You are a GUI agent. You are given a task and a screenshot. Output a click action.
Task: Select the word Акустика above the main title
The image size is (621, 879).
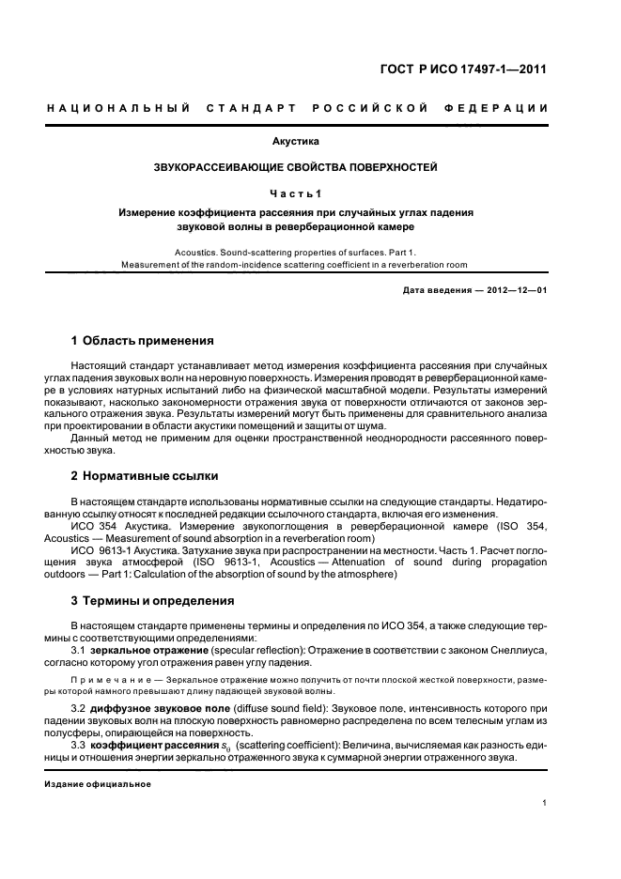point(296,142)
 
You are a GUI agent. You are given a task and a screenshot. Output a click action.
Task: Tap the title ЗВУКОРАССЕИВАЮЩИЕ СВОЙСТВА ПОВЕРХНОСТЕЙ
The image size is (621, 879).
point(296,167)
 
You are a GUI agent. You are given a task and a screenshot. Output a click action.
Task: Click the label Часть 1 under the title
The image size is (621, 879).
point(296,193)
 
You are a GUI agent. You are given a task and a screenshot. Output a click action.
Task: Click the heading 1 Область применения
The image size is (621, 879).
point(143,340)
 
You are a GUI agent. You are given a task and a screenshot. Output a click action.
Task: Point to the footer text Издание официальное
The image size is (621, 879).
point(98,783)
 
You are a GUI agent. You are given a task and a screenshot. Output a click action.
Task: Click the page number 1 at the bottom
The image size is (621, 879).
point(544,804)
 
